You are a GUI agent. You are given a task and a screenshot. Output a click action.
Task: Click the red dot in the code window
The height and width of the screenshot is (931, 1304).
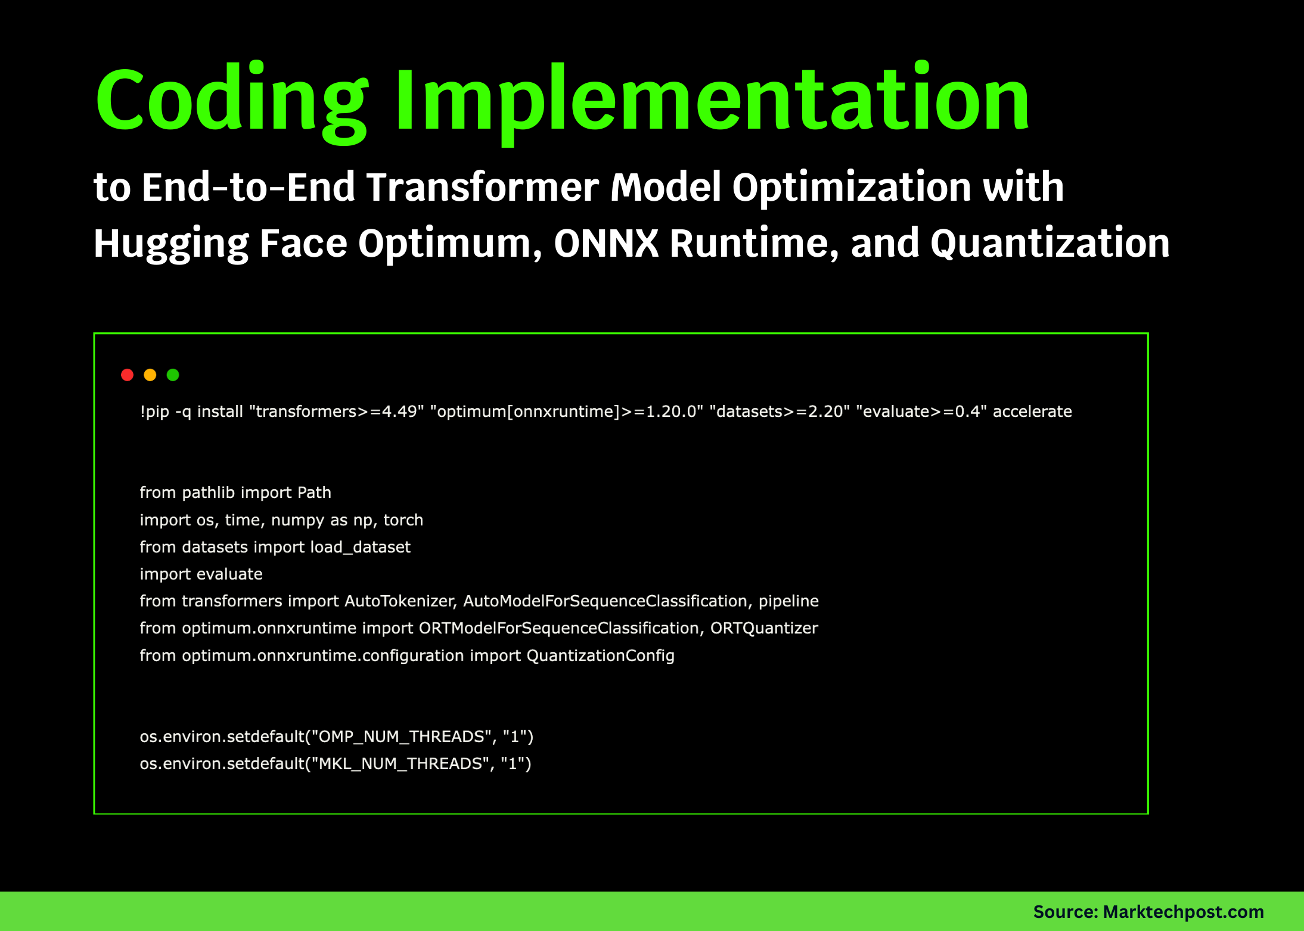pos(127,375)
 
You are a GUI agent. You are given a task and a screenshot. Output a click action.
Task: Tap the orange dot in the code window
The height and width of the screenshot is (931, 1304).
pos(150,375)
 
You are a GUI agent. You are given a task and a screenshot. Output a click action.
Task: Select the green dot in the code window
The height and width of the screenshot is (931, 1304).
pos(173,375)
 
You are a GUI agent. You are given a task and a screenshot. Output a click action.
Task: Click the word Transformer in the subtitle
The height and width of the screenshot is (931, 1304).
pos(482,188)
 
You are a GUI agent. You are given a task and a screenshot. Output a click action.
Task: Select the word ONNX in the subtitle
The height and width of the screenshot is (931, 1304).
pos(606,244)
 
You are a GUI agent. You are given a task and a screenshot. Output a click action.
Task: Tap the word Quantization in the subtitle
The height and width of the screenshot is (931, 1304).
pos(1050,244)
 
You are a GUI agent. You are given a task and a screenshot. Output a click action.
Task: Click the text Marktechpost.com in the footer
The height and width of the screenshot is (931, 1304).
pos(1183,912)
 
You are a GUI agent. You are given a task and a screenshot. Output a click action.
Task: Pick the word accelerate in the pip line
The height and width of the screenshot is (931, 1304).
pos(1032,412)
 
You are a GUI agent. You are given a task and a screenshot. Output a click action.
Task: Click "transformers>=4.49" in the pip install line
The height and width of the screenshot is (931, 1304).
pos(337,412)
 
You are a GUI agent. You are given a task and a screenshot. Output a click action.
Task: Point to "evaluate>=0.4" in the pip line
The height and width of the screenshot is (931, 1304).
pos(921,412)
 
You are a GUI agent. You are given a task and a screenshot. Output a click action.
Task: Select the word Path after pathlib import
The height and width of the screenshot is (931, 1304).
pos(314,493)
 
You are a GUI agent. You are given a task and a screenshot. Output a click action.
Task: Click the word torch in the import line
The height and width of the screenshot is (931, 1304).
pos(403,520)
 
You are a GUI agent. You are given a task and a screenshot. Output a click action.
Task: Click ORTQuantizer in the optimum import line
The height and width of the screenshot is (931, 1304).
pos(764,628)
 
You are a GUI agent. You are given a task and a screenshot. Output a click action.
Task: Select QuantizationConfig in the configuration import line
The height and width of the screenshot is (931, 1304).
pos(600,656)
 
